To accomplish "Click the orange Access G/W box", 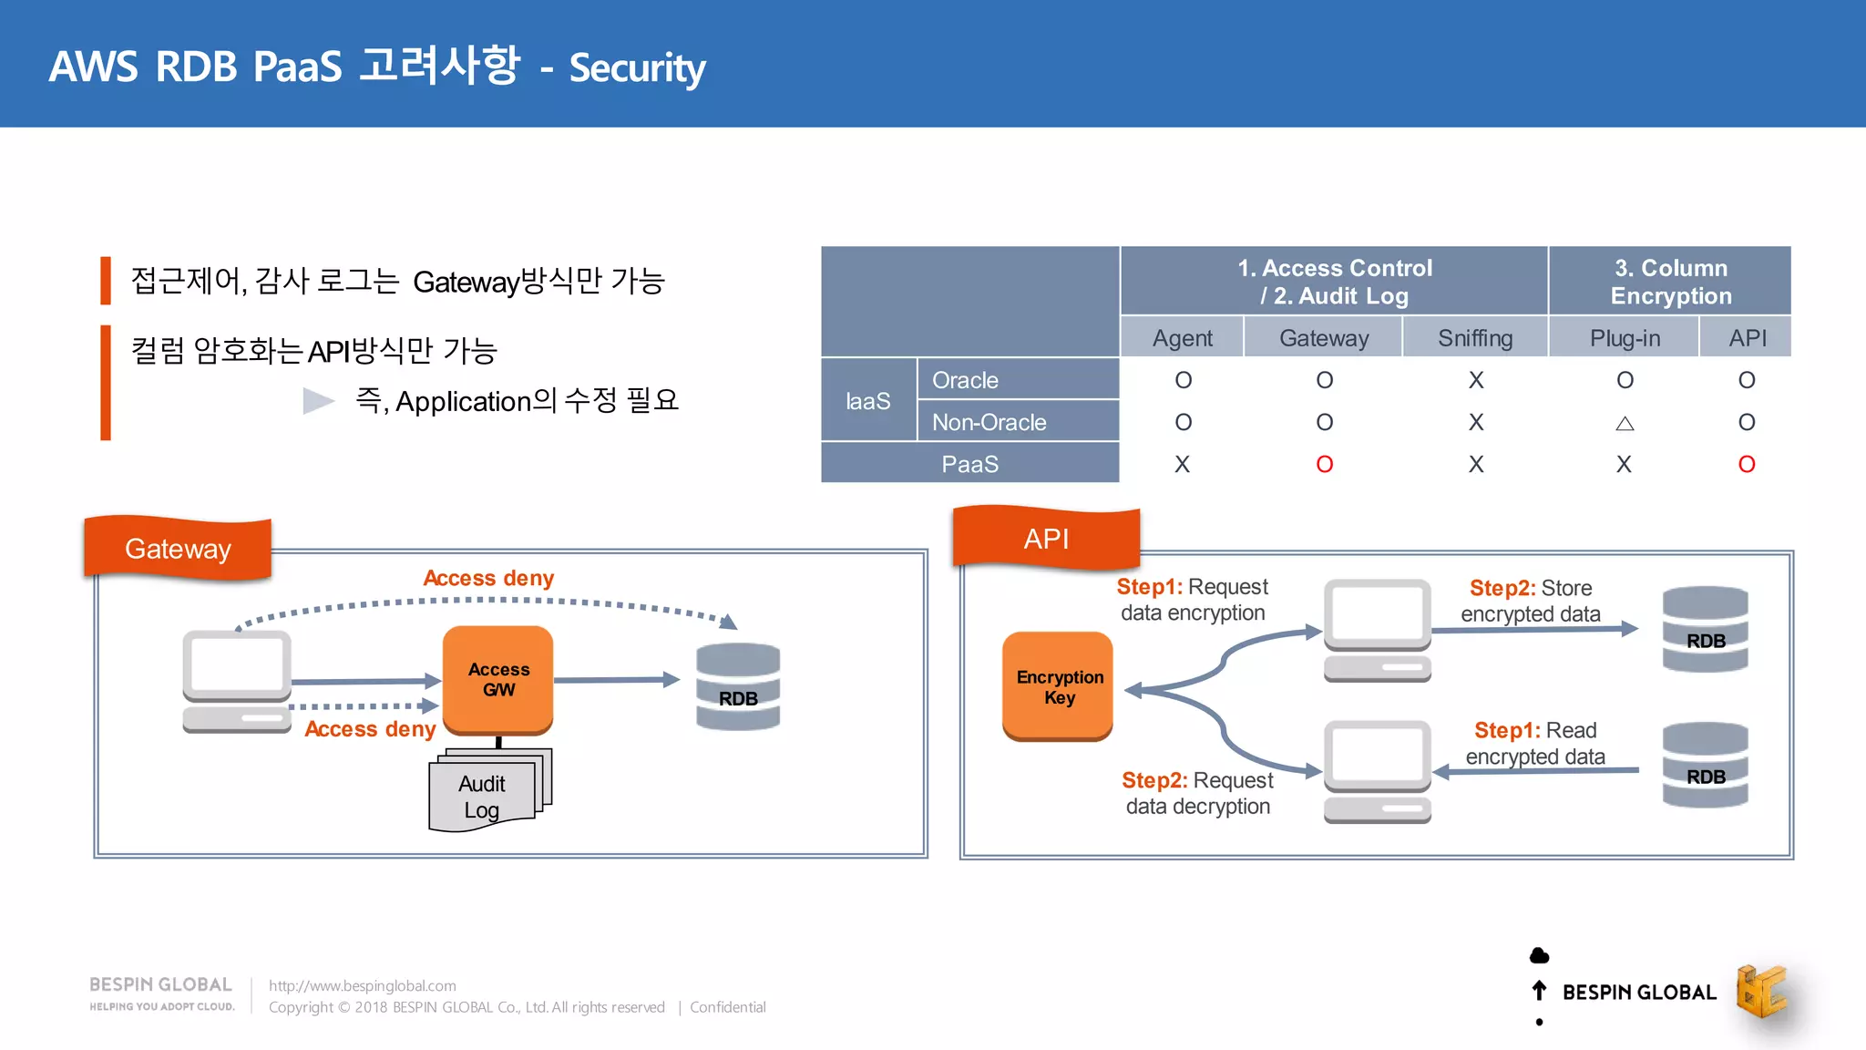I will pyautogui.click(x=497, y=679).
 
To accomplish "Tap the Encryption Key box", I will pyautogui.click(x=1058, y=686).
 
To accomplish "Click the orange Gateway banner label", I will pyautogui.click(x=178, y=549).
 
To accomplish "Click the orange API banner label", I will pyautogui.click(x=1046, y=539).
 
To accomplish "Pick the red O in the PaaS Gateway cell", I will pyautogui.click(x=1324, y=465).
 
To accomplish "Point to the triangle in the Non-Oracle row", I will pyautogui.click(x=1625, y=423).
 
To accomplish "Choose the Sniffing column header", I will pyautogui.click(x=1474, y=338).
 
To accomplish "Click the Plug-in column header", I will pyautogui.click(x=1625, y=338).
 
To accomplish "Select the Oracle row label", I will pyautogui.click(x=966, y=380).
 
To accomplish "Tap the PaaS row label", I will pyautogui.click(x=969, y=464).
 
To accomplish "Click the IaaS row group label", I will pyautogui.click(x=867, y=401).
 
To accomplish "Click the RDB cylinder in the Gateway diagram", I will pyautogui.click(x=738, y=686).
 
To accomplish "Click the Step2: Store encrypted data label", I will pyautogui.click(x=1530, y=601).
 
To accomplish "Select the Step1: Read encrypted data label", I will pyautogui.click(x=1535, y=743).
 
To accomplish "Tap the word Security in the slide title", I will pyautogui.click(x=637, y=68).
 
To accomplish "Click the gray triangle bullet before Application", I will pyautogui.click(x=318, y=400).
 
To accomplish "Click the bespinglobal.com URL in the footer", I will pyautogui.click(x=363, y=985).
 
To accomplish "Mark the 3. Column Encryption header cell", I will pyautogui.click(x=1670, y=282).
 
